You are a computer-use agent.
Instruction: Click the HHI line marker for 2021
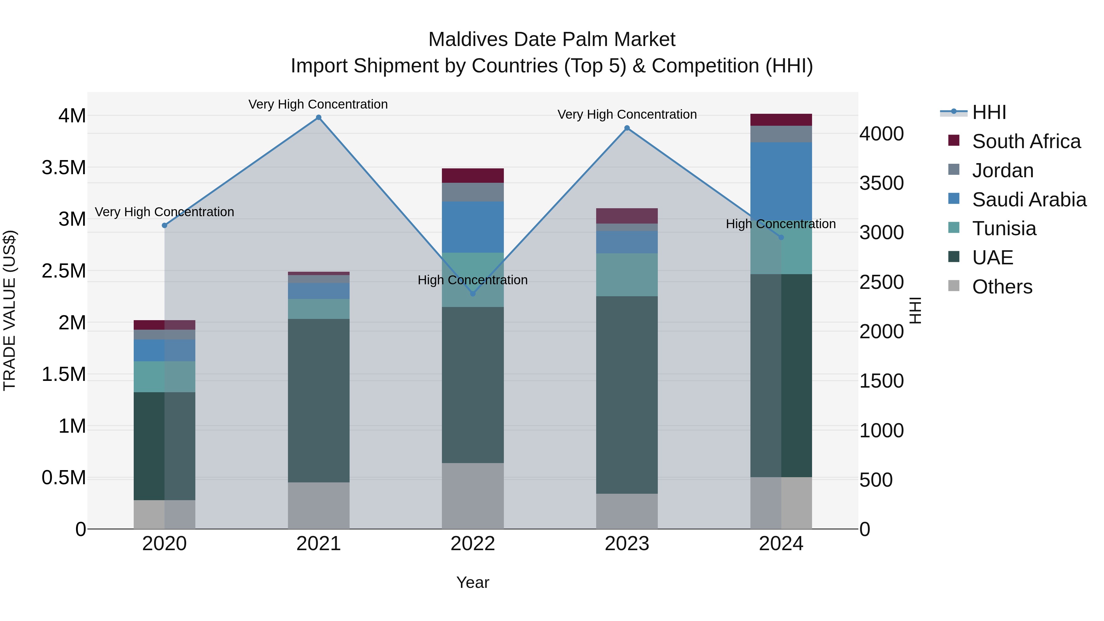[x=318, y=117]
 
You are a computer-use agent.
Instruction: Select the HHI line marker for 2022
[x=473, y=293]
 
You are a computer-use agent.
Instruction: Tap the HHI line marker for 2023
[x=627, y=128]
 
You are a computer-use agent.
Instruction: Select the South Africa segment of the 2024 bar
[x=781, y=120]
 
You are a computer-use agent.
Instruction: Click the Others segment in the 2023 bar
[x=627, y=511]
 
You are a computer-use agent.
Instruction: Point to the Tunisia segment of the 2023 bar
[x=627, y=274]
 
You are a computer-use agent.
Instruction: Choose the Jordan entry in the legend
[x=1002, y=171]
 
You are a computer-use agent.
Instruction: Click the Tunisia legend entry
[x=1004, y=228]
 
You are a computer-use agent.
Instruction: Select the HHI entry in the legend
[x=989, y=112]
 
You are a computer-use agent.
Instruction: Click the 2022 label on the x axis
[x=473, y=544]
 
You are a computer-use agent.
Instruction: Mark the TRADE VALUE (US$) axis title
[x=10, y=310]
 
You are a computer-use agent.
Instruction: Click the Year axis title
[x=473, y=582]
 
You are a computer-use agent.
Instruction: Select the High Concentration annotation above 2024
[x=780, y=224]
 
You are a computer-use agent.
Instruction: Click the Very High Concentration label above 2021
[x=318, y=104]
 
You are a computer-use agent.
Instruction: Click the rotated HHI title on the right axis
[x=915, y=310]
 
